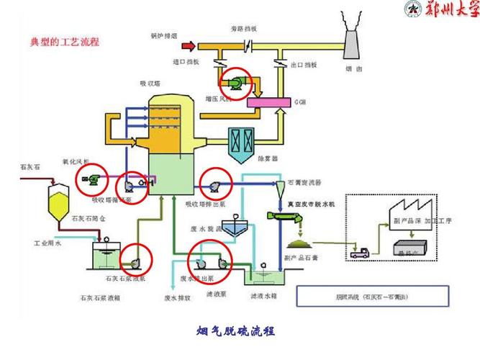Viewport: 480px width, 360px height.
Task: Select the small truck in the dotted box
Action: tap(358, 253)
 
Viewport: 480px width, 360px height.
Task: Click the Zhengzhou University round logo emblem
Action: tap(414, 10)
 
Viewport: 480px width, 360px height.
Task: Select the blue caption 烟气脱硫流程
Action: tap(236, 332)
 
